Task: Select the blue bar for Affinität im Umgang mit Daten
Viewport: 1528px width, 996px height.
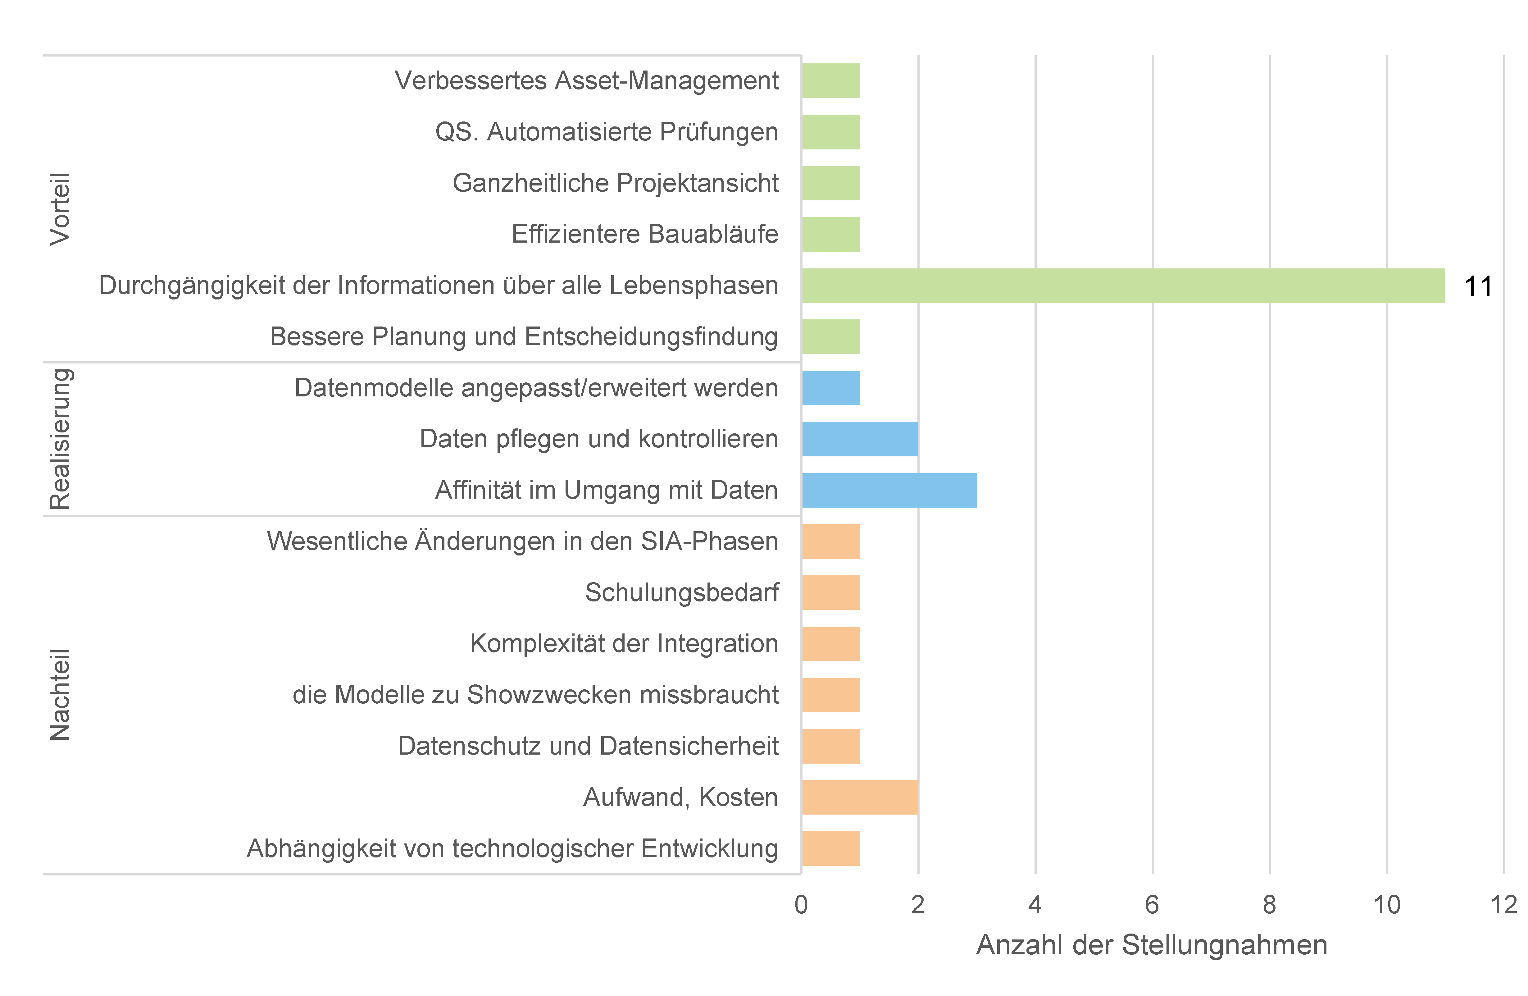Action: (889, 491)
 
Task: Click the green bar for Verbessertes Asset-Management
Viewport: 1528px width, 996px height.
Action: (831, 81)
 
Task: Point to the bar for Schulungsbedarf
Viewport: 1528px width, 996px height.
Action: (831, 593)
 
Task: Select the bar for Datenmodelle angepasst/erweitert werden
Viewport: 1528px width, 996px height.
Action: (831, 388)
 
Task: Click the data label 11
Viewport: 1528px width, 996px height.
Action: (1478, 286)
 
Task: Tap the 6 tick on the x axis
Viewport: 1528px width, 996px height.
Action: (1153, 905)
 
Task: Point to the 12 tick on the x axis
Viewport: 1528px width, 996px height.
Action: (1503, 905)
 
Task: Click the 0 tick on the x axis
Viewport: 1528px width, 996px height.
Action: (801, 905)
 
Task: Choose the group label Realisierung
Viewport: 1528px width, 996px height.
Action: (60, 439)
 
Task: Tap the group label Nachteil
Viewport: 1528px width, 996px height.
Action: (60, 695)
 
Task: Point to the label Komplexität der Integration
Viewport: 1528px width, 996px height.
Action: (624, 643)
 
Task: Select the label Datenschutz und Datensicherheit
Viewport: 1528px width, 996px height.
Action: (588, 746)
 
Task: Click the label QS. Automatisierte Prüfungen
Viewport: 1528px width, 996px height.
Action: (607, 132)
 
